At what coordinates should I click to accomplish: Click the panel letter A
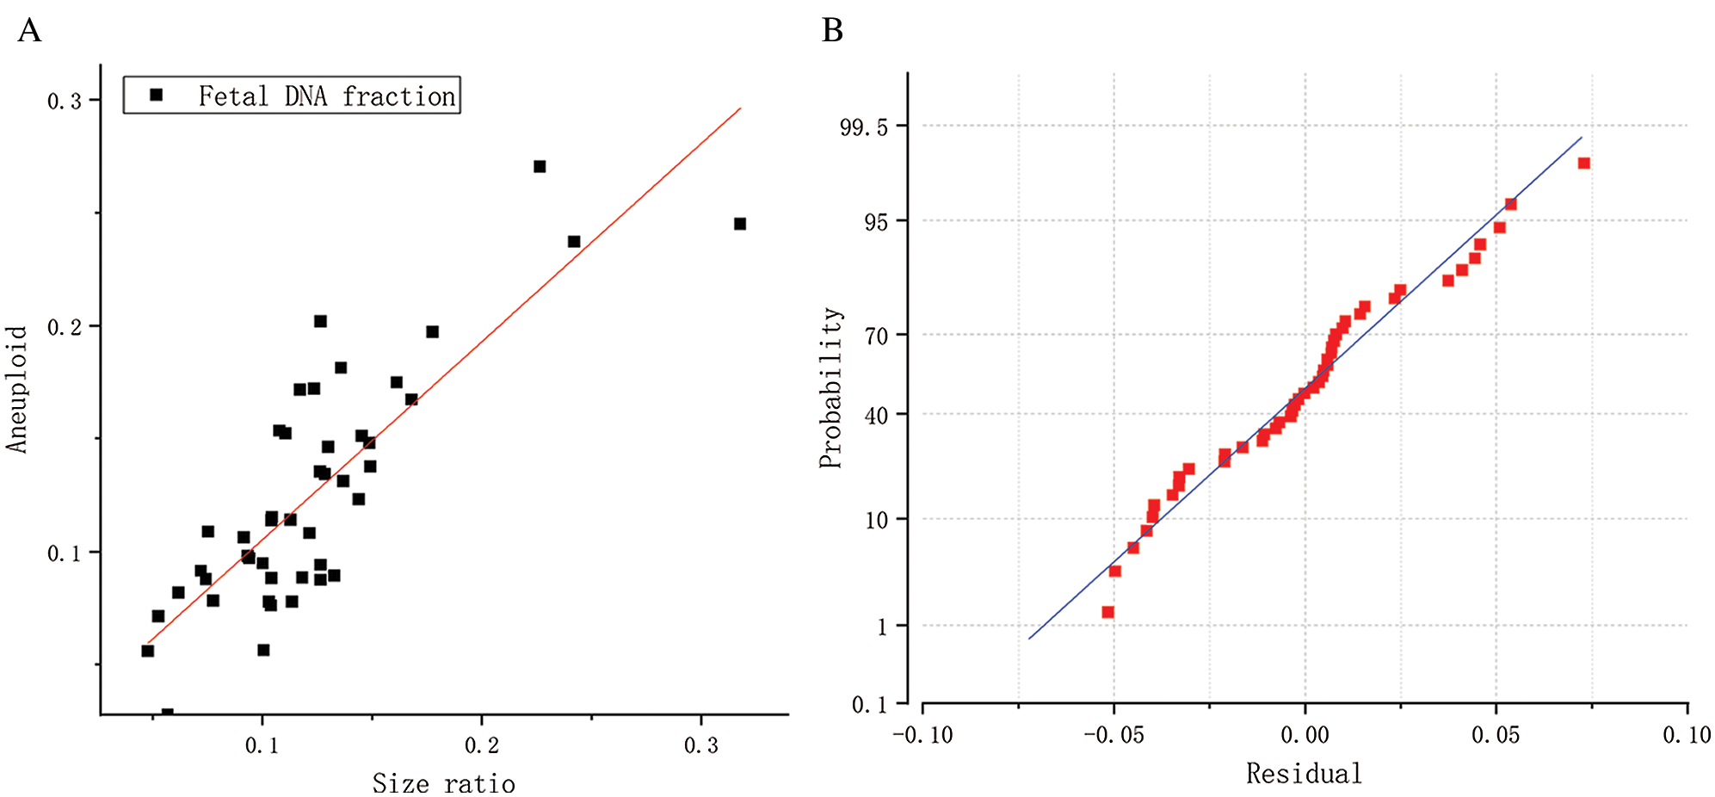(29, 31)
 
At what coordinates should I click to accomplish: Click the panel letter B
(832, 31)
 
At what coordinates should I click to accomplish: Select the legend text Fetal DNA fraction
(326, 96)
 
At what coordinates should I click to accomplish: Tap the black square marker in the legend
(156, 95)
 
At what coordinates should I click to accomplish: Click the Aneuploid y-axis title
(17, 389)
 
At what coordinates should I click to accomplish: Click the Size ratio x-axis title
(443, 783)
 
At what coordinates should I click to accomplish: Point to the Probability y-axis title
(830, 387)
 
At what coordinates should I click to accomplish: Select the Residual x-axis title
(1304, 774)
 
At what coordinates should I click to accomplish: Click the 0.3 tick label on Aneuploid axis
(65, 102)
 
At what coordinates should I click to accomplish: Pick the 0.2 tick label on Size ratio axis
(482, 745)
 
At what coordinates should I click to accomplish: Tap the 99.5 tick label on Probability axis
(863, 127)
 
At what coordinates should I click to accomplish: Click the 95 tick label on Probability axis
(875, 222)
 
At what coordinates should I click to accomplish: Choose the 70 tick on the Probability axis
(875, 336)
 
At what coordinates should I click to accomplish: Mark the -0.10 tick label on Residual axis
(922, 735)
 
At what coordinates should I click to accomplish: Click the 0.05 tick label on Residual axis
(1496, 735)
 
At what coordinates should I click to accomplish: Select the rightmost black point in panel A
(739, 224)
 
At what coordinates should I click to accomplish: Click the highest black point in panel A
(540, 166)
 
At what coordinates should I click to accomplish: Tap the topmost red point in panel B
(1583, 164)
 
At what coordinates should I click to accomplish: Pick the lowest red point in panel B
(1108, 612)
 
